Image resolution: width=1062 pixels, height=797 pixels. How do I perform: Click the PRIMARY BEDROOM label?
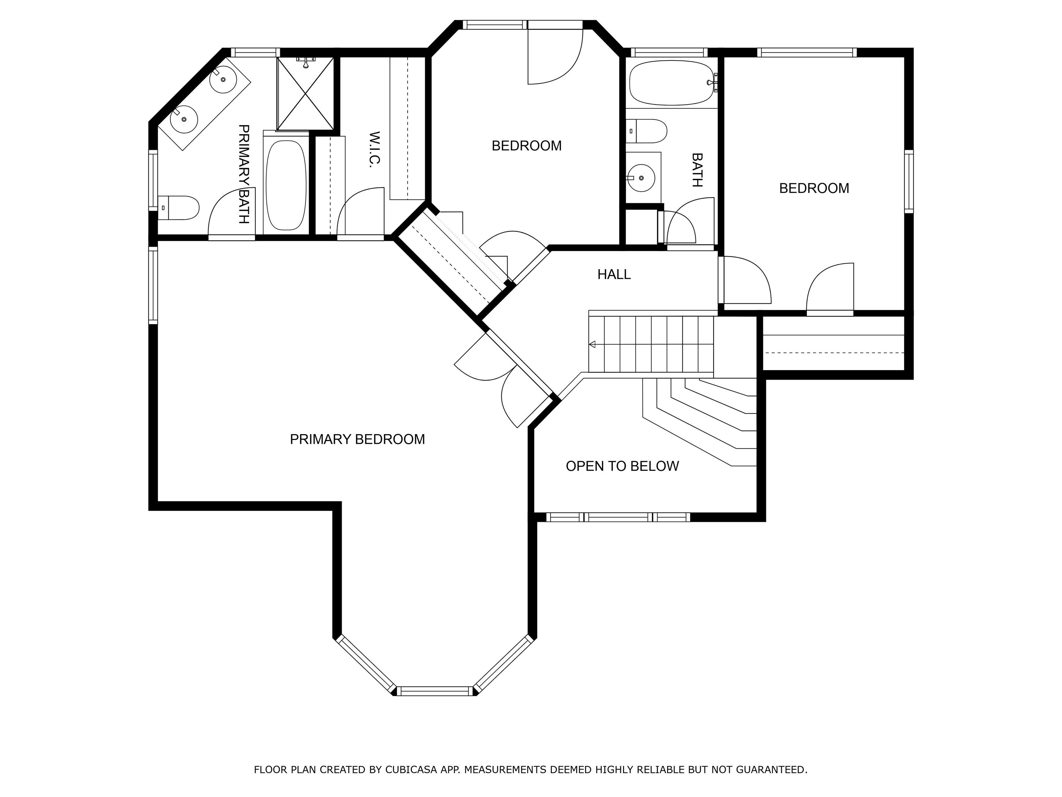357,439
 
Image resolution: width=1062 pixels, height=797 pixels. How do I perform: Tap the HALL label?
614,274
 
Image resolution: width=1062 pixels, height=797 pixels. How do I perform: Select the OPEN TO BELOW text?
622,466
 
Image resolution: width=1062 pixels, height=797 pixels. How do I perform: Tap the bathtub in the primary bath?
286,185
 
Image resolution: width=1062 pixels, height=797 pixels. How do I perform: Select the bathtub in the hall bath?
672,83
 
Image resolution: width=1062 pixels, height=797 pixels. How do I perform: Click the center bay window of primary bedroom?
435,691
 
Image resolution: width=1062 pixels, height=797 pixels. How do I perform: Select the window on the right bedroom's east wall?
909,181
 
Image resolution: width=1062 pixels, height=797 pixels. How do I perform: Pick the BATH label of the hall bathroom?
697,170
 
